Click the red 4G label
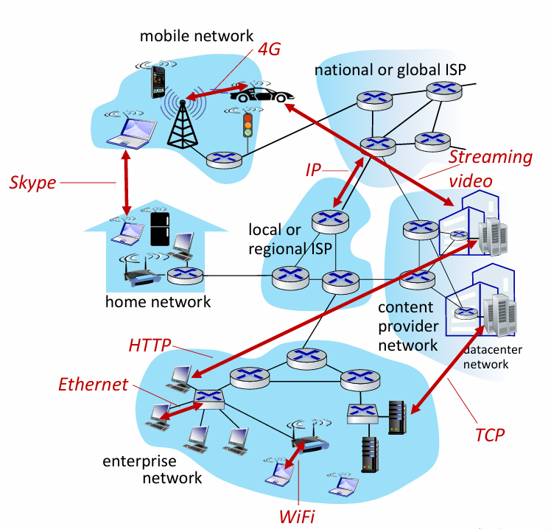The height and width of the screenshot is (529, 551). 269,49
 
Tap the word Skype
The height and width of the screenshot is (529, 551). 32,183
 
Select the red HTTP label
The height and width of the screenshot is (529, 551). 150,345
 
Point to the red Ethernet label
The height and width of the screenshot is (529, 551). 93,384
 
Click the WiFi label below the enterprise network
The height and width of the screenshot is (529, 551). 298,516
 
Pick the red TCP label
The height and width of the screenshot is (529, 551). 490,435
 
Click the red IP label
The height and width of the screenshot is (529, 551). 313,170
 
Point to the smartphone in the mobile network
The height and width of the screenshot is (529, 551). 158,83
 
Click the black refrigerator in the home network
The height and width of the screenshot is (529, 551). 160,229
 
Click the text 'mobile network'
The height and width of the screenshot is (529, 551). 197,36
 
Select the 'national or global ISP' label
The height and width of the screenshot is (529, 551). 390,69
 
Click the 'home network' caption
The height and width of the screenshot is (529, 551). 158,301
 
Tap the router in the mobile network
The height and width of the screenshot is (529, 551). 224,160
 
